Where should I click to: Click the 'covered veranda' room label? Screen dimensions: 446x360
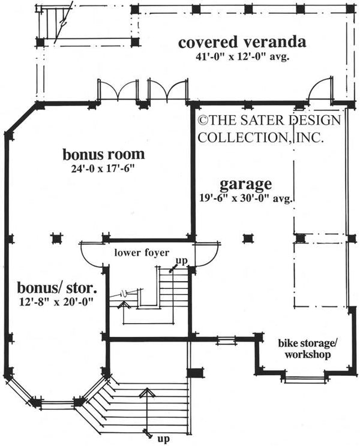[242, 43]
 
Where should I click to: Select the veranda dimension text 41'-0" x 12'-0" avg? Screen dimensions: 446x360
[242, 59]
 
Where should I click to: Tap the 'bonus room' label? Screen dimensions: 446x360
[104, 155]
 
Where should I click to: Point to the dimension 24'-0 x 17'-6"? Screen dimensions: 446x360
[104, 169]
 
